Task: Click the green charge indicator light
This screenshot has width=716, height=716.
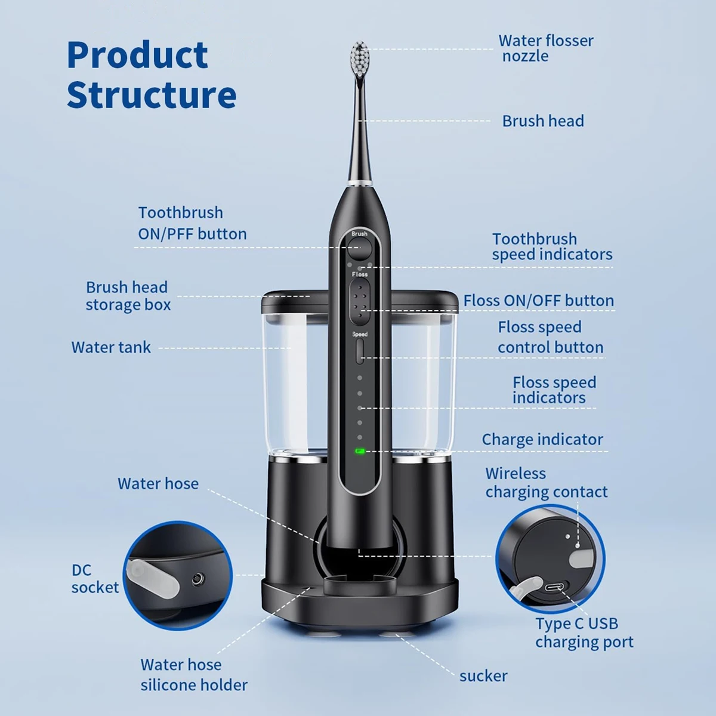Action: point(360,451)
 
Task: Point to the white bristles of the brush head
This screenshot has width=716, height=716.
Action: point(360,57)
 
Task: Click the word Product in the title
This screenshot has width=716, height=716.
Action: point(137,55)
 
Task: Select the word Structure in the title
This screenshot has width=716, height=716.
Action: point(152,95)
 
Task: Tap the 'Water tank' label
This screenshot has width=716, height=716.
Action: point(111,347)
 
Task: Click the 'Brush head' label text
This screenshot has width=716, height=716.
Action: point(543,121)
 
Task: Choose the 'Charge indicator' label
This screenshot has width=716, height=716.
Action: point(542,440)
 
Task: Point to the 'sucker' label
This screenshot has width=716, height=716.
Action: point(483,676)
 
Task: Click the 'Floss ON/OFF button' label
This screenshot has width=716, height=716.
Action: point(538,301)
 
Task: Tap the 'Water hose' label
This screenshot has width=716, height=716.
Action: point(158,483)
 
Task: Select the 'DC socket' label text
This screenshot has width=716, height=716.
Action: point(95,579)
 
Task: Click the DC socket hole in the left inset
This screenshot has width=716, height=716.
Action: point(196,578)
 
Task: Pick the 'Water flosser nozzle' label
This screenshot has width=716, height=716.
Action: point(545,48)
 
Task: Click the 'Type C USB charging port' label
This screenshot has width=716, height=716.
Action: point(584,632)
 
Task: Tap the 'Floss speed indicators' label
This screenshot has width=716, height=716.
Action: point(554,390)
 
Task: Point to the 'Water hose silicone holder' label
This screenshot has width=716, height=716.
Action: point(194,675)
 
